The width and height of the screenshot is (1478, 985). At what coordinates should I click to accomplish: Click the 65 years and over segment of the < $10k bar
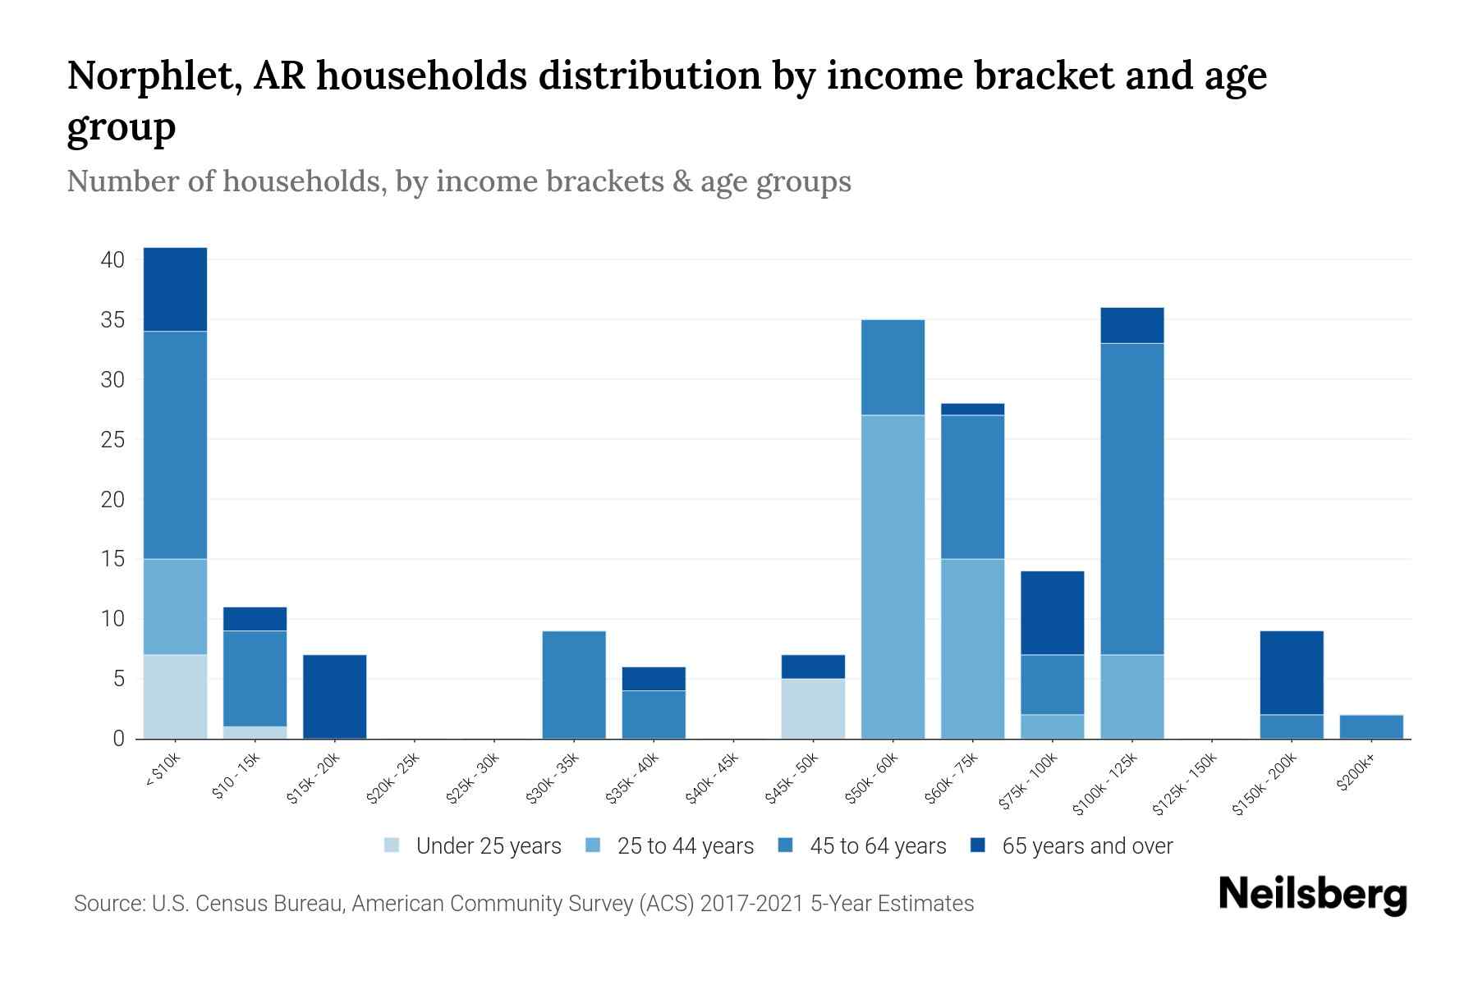pyautogui.click(x=175, y=289)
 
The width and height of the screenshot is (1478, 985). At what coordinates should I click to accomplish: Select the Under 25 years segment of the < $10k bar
pyautogui.click(x=175, y=696)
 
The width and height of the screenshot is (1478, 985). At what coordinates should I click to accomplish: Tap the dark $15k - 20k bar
pyautogui.click(x=335, y=696)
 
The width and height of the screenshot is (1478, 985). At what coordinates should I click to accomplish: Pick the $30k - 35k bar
pyautogui.click(x=574, y=685)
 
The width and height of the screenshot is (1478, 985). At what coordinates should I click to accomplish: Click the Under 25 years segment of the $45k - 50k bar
pyautogui.click(x=814, y=708)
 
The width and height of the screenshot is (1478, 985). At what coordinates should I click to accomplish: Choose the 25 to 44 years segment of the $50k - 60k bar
pyautogui.click(x=893, y=576)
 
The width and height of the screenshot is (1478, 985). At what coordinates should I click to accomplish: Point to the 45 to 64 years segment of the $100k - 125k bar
pyautogui.click(x=1132, y=498)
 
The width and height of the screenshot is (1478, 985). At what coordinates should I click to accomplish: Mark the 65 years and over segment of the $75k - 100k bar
pyautogui.click(x=1053, y=612)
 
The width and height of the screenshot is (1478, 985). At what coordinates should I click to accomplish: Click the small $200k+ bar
pyautogui.click(x=1371, y=726)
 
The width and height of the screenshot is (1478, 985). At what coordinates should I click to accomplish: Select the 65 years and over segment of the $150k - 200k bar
pyautogui.click(x=1292, y=672)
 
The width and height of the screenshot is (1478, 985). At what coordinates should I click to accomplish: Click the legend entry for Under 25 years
pyautogui.click(x=488, y=845)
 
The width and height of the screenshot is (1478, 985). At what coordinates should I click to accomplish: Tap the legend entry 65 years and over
pyautogui.click(x=1086, y=845)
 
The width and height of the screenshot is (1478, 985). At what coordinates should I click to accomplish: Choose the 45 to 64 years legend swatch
pyautogui.click(x=785, y=845)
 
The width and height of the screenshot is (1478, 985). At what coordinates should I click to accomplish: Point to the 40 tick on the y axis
pyautogui.click(x=112, y=260)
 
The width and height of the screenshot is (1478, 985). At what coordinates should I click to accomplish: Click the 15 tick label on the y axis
pyautogui.click(x=112, y=559)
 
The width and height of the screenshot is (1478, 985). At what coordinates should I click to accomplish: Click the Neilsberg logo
pyautogui.click(x=1313, y=894)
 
